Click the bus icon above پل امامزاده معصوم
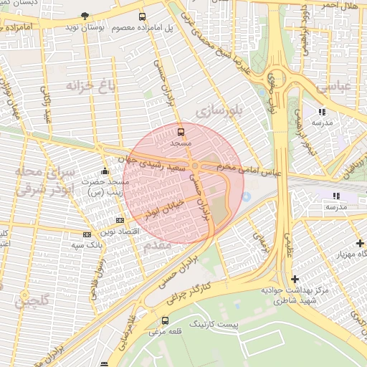tap(142, 16)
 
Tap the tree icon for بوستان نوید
tap(85, 15)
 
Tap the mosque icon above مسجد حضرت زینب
tap(105, 171)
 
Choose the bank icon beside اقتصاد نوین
tap(120, 220)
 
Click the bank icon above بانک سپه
tap(87, 234)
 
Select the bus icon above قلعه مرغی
tap(166, 320)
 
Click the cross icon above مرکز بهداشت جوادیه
tap(295, 278)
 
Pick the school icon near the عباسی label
tap(322, 111)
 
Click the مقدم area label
tap(157, 245)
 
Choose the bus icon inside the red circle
tap(180, 132)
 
